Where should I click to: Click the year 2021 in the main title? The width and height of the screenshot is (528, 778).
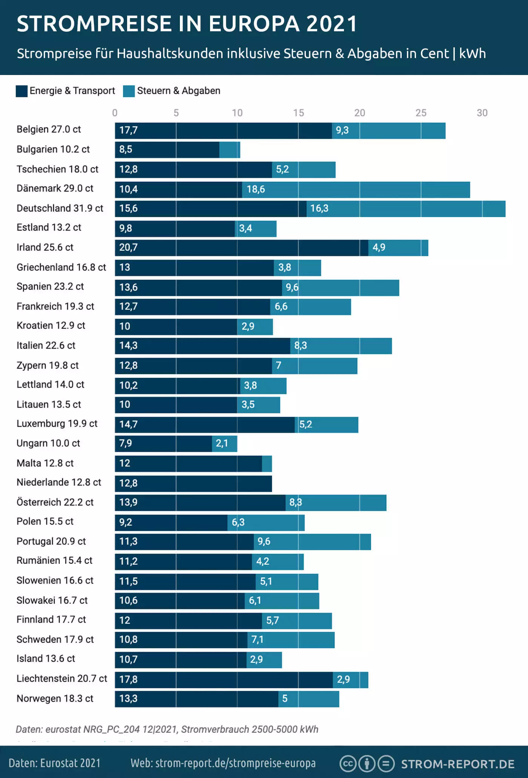[x=331, y=24]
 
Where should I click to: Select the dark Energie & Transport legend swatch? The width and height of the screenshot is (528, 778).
[x=21, y=91]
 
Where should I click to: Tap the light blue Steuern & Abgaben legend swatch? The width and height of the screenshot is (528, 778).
[x=129, y=91]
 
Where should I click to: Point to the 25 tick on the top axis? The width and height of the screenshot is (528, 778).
[x=421, y=113]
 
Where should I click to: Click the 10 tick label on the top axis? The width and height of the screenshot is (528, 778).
[x=237, y=113]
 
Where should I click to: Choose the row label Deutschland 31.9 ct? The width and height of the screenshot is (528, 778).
[x=60, y=208]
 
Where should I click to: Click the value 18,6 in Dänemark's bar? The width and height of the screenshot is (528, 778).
[x=256, y=189]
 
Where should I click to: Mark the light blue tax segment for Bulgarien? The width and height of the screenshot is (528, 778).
[x=230, y=150]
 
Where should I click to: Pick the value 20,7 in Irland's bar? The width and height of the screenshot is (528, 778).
[x=128, y=248]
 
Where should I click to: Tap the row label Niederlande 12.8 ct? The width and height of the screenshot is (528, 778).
[x=59, y=482]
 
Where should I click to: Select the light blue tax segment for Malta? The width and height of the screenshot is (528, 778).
[x=267, y=464]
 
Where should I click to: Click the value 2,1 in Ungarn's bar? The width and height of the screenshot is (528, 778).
[x=222, y=443]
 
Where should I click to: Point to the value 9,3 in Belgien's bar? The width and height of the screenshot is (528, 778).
[x=342, y=130]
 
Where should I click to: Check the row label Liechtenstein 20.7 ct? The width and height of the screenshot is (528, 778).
[x=62, y=679]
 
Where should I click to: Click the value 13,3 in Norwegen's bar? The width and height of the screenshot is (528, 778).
[x=128, y=699]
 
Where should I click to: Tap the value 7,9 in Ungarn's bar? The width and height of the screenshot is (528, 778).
[x=126, y=443]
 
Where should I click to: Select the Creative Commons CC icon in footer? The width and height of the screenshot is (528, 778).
[x=348, y=764]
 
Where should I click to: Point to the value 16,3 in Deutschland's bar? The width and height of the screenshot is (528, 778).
[x=319, y=208]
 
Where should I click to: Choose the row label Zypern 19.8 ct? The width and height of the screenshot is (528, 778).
[x=48, y=366]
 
